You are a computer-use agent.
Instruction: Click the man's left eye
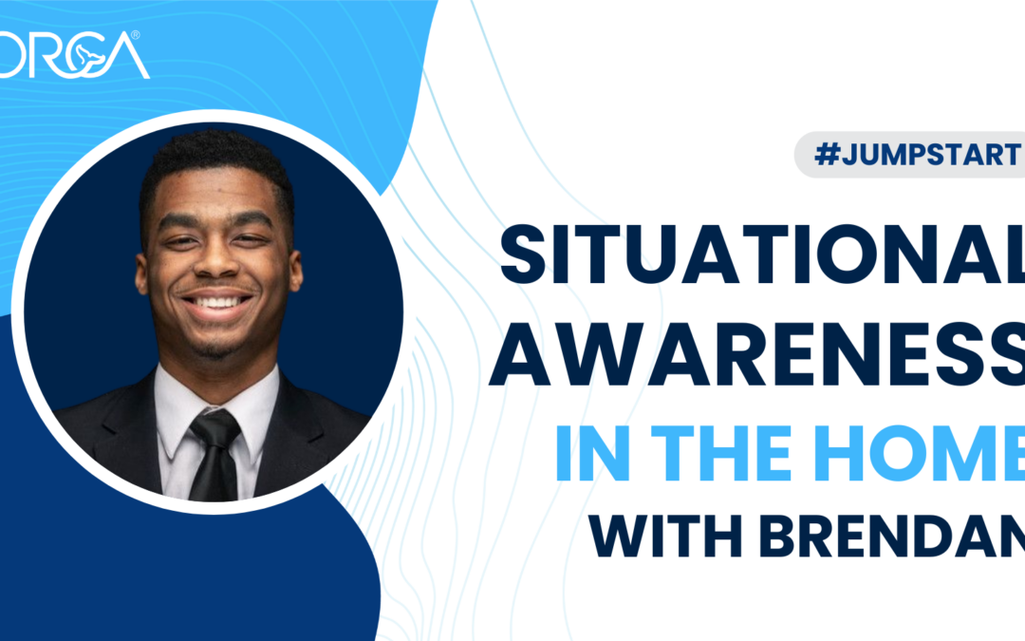click(x=252, y=239)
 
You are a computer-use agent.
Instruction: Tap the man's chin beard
click(x=218, y=348)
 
